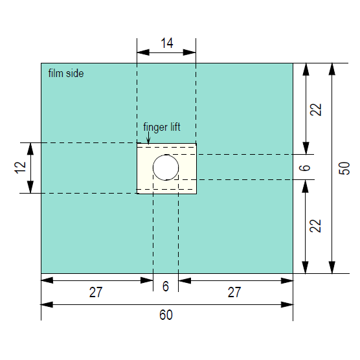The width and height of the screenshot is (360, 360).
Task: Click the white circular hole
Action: click(x=166, y=167)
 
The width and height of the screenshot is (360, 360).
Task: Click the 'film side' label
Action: click(x=66, y=73)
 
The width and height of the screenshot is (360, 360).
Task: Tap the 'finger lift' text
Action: click(x=162, y=127)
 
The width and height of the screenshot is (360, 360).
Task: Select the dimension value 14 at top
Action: click(x=167, y=43)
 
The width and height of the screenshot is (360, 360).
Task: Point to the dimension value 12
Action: click(x=21, y=168)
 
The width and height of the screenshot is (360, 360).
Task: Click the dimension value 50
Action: click(x=344, y=168)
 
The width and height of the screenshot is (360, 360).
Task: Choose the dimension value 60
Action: click(x=166, y=315)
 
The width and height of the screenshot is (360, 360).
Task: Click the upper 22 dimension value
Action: click(x=316, y=109)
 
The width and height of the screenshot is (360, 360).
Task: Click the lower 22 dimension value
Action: click(x=315, y=226)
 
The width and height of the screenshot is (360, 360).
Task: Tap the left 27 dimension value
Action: click(x=96, y=292)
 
